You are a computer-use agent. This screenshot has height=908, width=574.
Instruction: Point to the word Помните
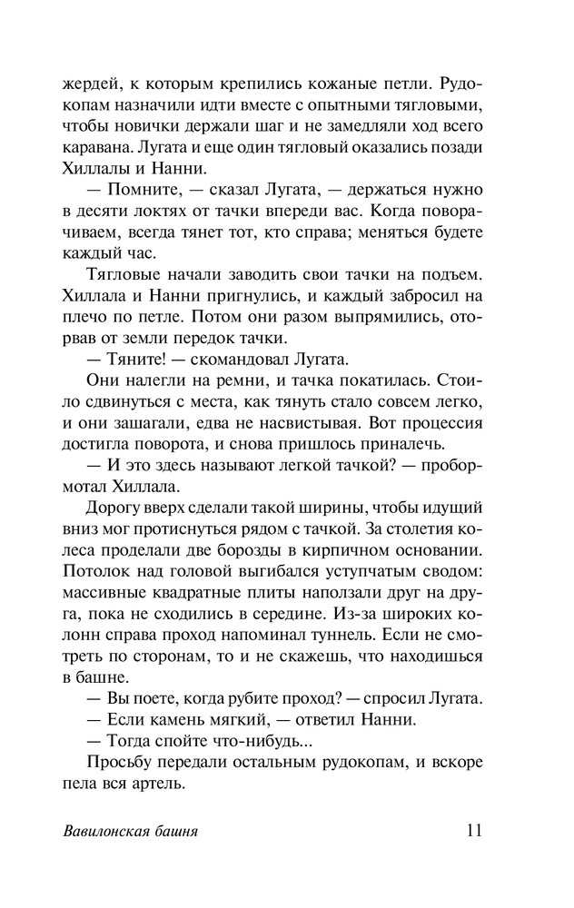point(143,190)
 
